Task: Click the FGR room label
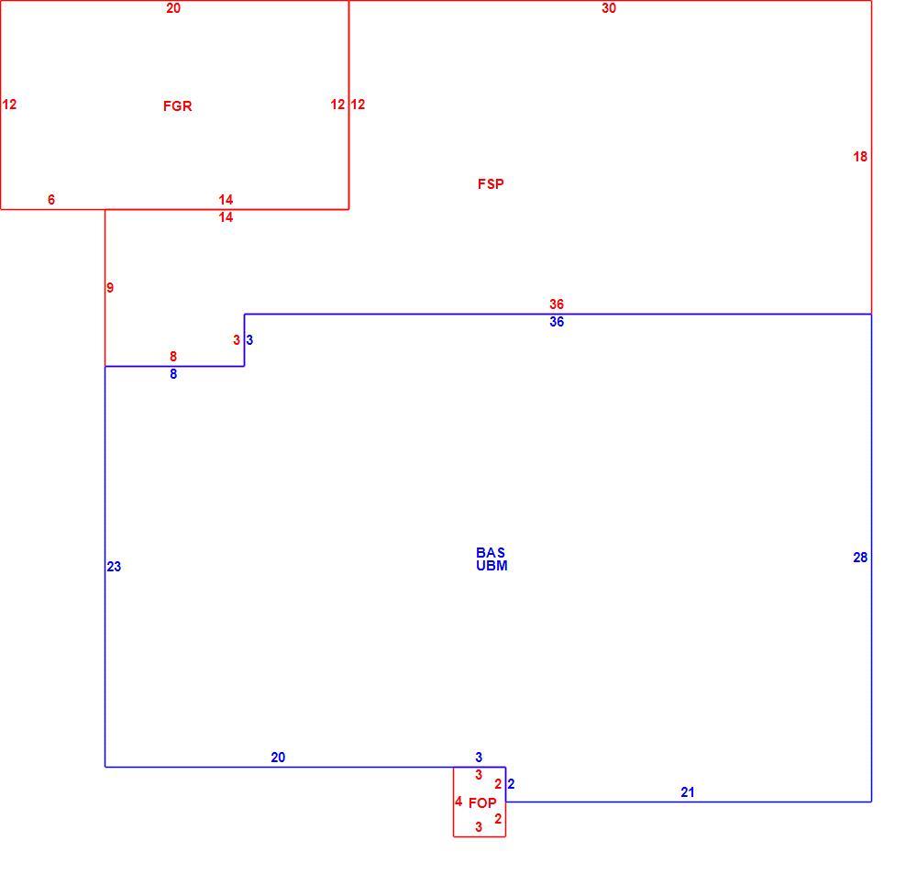[x=177, y=105]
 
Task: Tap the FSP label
[x=491, y=184]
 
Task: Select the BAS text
[x=491, y=553]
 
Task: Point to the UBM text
[x=492, y=566]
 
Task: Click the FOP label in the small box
[x=482, y=803]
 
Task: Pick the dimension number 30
[x=609, y=8]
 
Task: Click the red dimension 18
[x=860, y=156]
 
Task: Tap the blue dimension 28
[x=860, y=558]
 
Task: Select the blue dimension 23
[x=114, y=566]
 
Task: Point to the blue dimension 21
[x=688, y=792]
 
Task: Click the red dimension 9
[x=110, y=287]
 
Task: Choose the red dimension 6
[x=51, y=199]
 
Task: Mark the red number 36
[x=557, y=304]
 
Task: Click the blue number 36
[x=557, y=322]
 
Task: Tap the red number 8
[x=173, y=356]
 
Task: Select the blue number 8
[x=173, y=374]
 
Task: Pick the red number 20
[x=173, y=8]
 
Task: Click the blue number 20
[x=279, y=757]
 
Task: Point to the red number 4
[x=458, y=802]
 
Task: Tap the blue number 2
[x=511, y=784]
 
